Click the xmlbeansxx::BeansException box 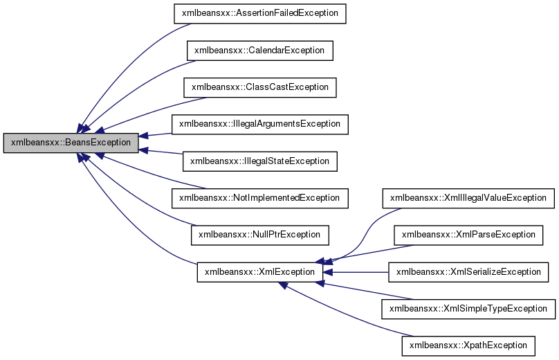pyautogui.click(x=71, y=143)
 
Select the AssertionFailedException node pyautogui.click(x=259, y=13)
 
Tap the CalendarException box pyautogui.click(x=259, y=51)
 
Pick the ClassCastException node pyautogui.click(x=259, y=87)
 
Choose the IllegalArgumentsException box pyautogui.click(x=259, y=124)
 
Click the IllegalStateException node pyautogui.click(x=259, y=161)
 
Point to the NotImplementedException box pyautogui.click(x=259, y=197)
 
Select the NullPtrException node pyautogui.click(x=259, y=235)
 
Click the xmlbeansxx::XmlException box pyautogui.click(x=259, y=271)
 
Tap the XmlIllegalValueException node pyautogui.click(x=468, y=197)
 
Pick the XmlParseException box pyautogui.click(x=468, y=235)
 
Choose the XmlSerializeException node pyautogui.click(x=468, y=271)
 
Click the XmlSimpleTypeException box pyautogui.click(x=468, y=308)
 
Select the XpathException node pyautogui.click(x=468, y=345)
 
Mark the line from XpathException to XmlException pyautogui.click(x=346, y=312)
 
